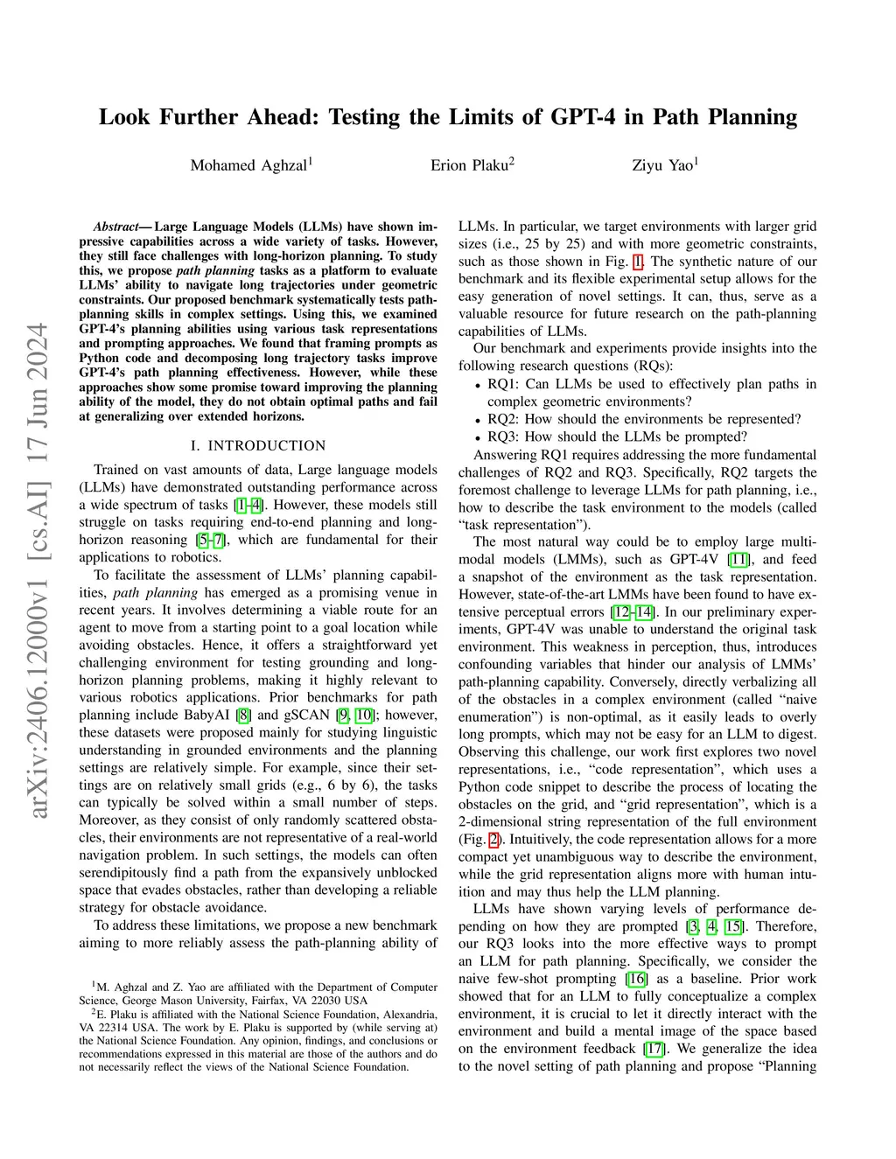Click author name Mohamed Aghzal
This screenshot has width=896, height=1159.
click(248, 165)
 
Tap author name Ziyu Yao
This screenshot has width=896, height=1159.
click(663, 165)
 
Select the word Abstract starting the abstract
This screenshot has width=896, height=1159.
click(115, 227)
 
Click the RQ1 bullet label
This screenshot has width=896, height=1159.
click(502, 384)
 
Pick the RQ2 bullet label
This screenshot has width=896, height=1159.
click(502, 419)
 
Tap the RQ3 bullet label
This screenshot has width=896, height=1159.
click(502, 436)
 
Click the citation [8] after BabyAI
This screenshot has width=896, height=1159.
click(244, 715)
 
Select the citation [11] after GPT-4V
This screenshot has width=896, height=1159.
click(738, 559)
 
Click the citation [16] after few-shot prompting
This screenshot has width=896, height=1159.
click(636, 979)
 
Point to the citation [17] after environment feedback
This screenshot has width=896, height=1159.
click(654, 1049)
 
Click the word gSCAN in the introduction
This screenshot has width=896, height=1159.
click(307, 715)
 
